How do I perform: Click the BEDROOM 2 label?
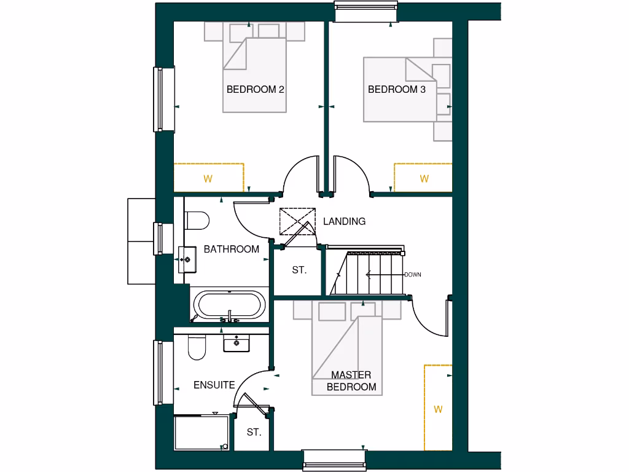[x=255, y=90]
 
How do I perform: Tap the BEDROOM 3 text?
[x=396, y=90]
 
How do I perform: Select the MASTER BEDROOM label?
[x=351, y=381]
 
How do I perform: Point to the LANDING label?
[x=344, y=221]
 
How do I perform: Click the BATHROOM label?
[x=231, y=250]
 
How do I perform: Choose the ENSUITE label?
[x=214, y=385]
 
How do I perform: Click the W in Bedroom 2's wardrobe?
[x=208, y=179]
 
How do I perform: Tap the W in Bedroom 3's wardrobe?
[x=424, y=179]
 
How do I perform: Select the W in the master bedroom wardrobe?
[x=438, y=409]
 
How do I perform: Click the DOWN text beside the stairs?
[x=413, y=275]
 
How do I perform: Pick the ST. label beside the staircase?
[x=299, y=270]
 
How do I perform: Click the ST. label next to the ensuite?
[x=254, y=432]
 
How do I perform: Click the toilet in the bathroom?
[x=197, y=219]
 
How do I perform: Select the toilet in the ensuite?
[x=197, y=348]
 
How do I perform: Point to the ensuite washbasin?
[x=236, y=342]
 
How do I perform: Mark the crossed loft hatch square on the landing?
[x=296, y=222]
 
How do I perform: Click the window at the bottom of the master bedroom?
[x=334, y=459]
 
